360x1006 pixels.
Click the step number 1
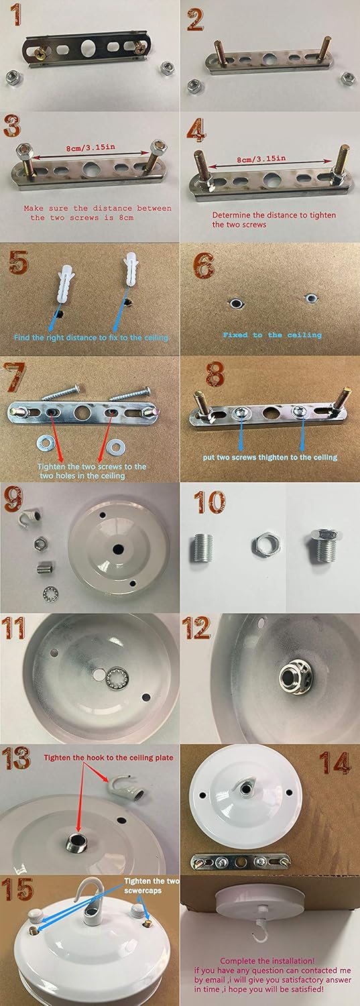15,14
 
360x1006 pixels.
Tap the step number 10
210,502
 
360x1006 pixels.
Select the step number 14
335,763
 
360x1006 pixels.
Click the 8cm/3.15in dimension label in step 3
91,148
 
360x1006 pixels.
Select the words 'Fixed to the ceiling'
272,335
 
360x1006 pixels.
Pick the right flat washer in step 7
116,447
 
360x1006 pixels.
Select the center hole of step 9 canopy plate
118,549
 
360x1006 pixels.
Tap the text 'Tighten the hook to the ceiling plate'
108,757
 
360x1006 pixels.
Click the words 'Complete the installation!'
267,960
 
